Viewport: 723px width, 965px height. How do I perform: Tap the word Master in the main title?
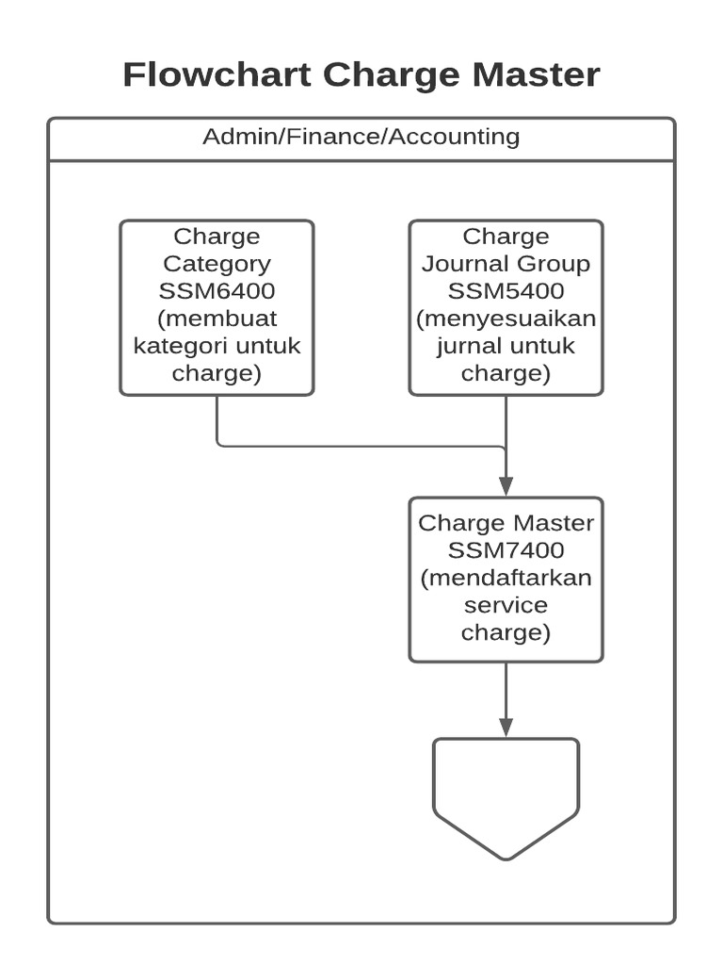[x=533, y=74]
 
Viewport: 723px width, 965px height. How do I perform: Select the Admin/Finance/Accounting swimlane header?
[x=361, y=137]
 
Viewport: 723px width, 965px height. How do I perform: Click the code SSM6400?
[x=217, y=291]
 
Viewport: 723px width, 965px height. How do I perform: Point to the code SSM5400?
[x=506, y=291]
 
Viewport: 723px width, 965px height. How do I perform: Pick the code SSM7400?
[x=506, y=549]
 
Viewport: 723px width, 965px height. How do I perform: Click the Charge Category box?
[x=217, y=307]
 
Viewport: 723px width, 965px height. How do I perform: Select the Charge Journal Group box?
[x=506, y=307]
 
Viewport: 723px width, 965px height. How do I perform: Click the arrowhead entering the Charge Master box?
[x=506, y=486]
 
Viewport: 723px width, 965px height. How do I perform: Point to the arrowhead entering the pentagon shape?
[x=506, y=727]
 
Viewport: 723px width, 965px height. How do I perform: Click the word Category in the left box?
[x=217, y=264]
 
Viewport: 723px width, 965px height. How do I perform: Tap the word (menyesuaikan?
[x=506, y=319]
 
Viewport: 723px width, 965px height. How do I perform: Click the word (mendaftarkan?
[x=506, y=577]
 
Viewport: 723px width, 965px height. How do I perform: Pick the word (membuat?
[x=217, y=319]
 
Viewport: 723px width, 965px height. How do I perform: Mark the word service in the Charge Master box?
[x=506, y=604]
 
